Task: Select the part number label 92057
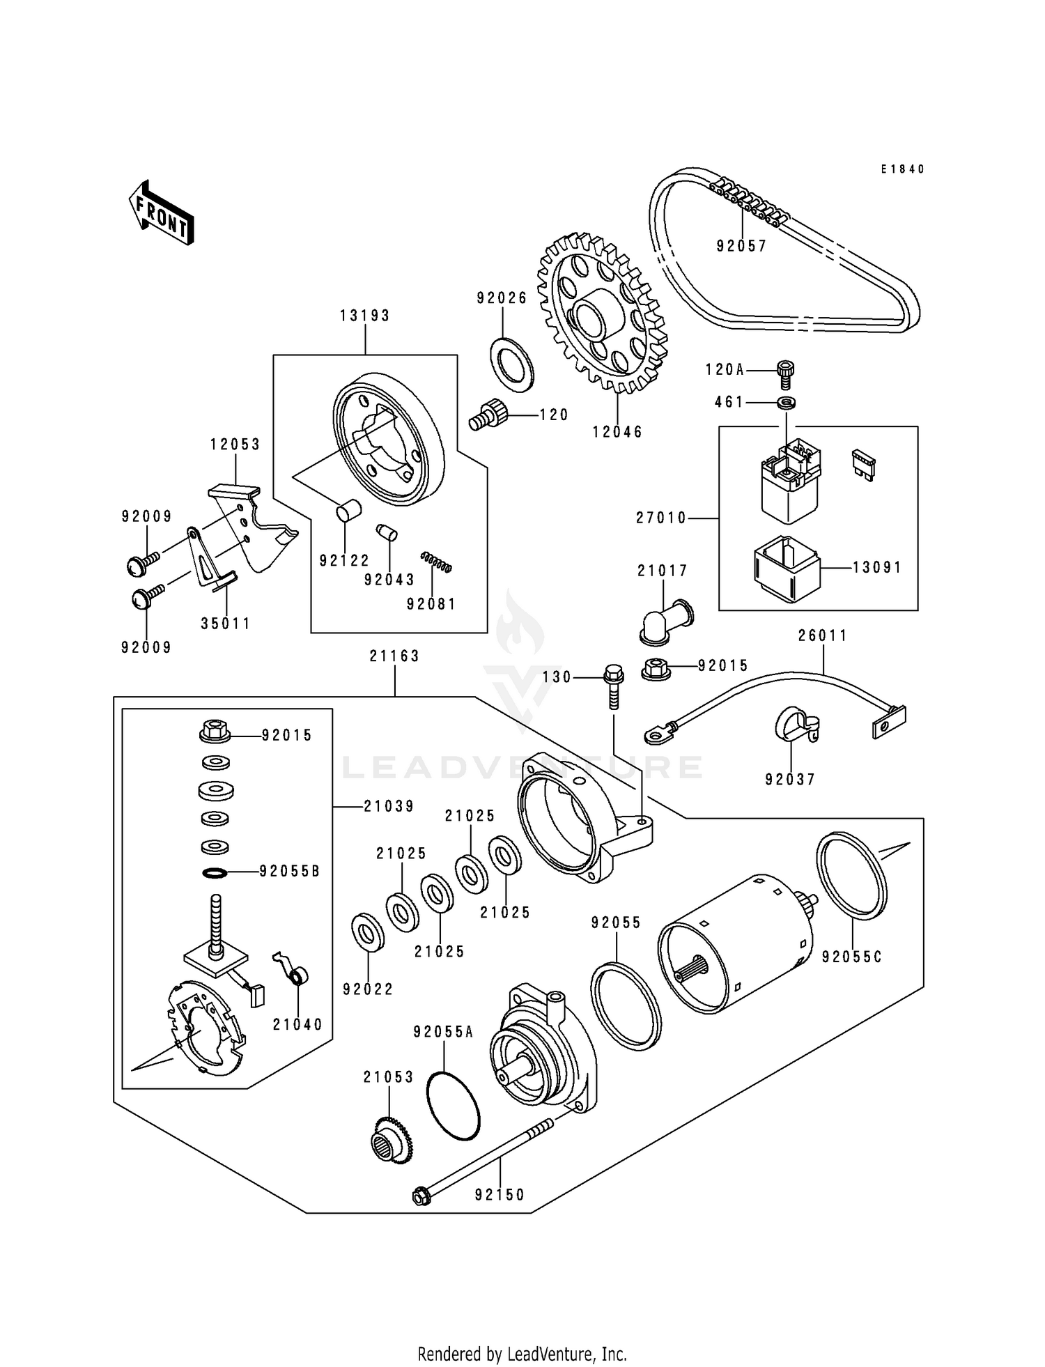[x=741, y=246]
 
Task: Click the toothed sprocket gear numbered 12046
[x=602, y=314]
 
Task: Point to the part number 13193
[x=365, y=316]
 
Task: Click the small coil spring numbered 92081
[x=436, y=562]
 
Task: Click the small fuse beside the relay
[x=864, y=463]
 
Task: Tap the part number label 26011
[x=823, y=635]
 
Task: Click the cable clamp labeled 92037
[x=796, y=727]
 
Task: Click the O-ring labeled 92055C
[x=852, y=876]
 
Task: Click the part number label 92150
[x=500, y=1195]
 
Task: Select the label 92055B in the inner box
[x=289, y=872]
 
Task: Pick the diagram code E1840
[x=902, y=169]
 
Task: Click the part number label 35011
[x=226, y=624]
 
